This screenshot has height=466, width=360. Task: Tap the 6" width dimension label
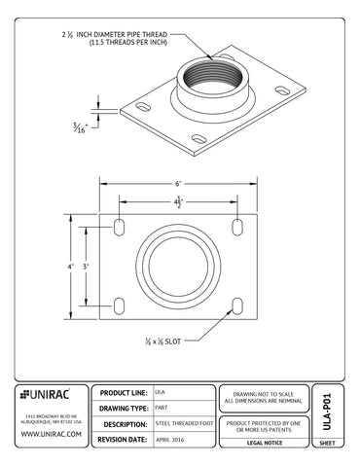179,183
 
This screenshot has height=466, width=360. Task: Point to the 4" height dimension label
70,265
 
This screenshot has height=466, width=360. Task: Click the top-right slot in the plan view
237,226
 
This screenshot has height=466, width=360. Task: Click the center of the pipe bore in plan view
179,265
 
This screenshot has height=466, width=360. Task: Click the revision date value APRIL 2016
171,441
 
